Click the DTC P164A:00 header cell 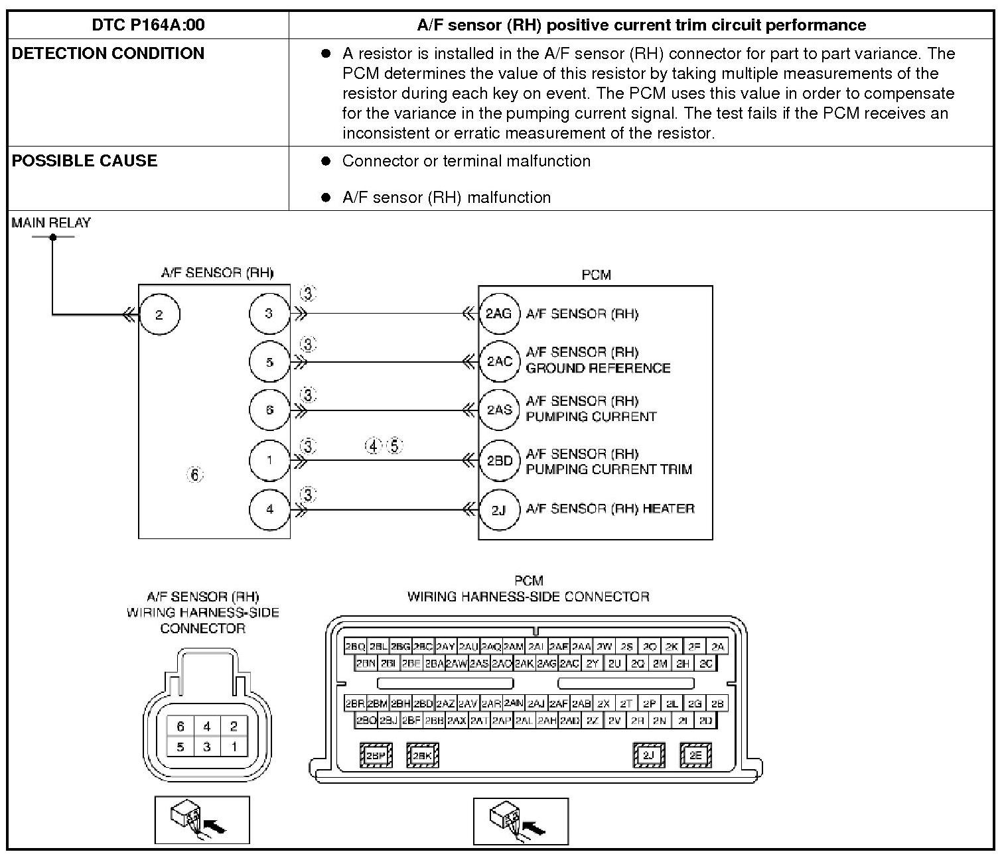pos(148,25)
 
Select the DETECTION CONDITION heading pos(108,54)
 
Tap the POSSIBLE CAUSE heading pos(84,161)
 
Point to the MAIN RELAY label pos(51,223)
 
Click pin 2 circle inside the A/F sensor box pos(159,314)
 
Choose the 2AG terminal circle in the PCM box pos(498,314)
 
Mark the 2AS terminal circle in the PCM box pos(499,410)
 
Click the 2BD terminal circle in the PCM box pos(499,460)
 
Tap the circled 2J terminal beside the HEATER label pos(498,509)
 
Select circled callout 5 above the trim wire pos(395,446)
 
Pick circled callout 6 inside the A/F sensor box pos(194,475)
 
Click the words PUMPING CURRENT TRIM pos(608,469)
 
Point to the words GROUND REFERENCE pos(598,368)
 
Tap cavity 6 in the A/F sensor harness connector pos(180,727)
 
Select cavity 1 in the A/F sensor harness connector pos(233,747)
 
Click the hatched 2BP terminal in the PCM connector pos(376,755)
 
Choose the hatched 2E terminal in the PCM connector pos(695,755)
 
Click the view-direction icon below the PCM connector pos(521,820)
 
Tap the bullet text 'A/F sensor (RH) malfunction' pos(446,198)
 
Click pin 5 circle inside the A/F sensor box pos(269,362)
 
